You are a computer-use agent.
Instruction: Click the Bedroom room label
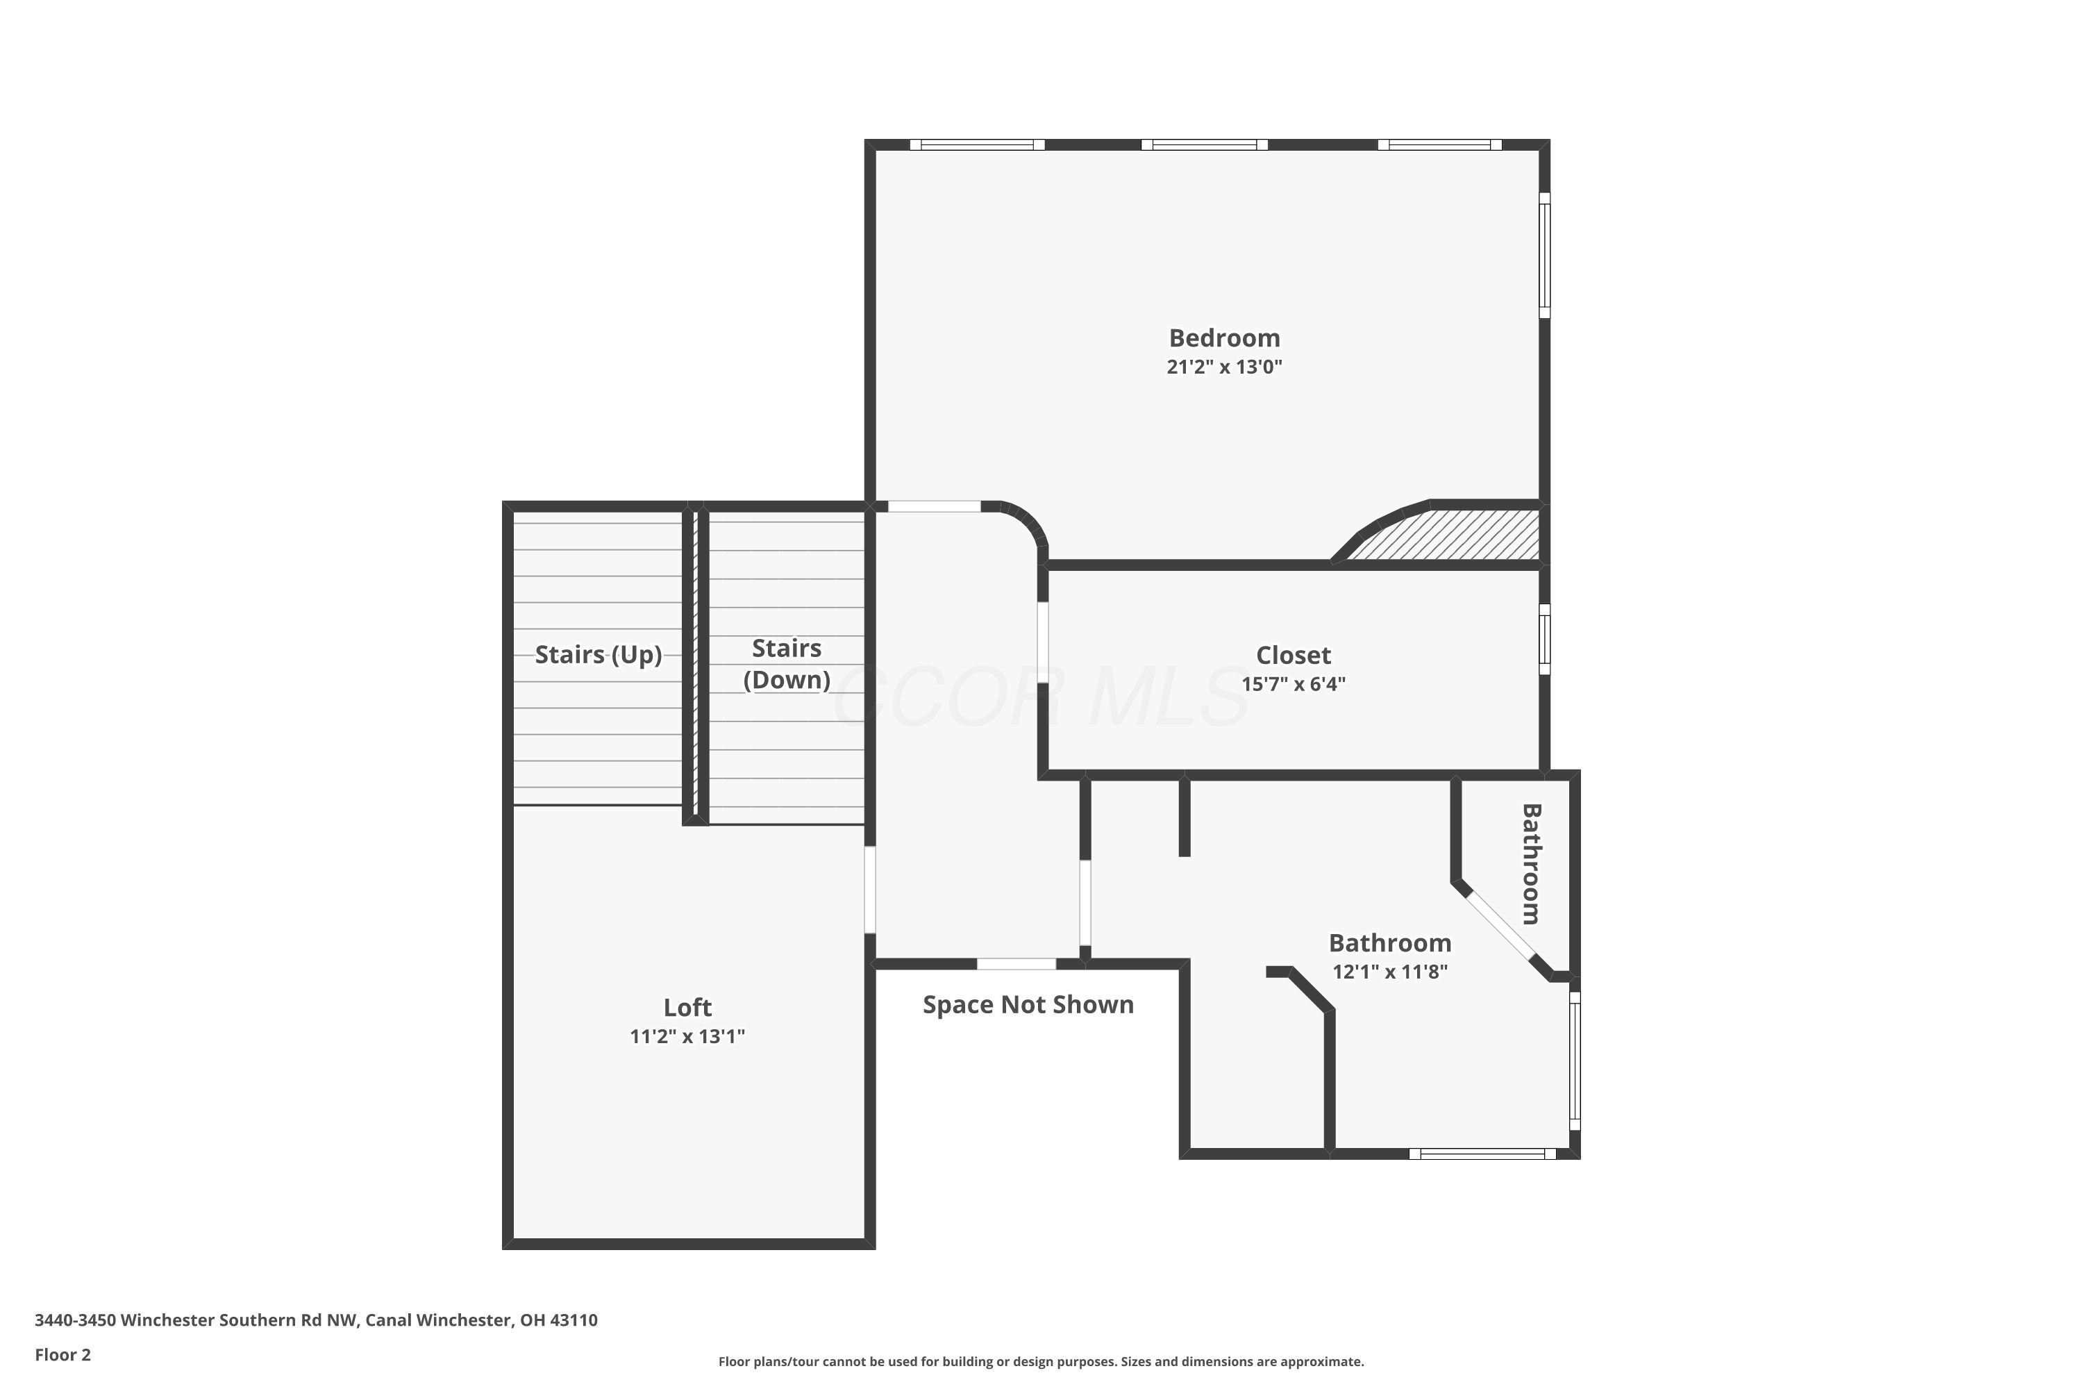click(1224, 338)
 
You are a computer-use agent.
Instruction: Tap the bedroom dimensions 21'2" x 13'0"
click(1224, 367)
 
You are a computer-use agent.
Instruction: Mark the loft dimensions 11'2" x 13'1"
click(687, 1036)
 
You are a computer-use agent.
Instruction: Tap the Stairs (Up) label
click(599, 655)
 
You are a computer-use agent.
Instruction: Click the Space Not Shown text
click(1028, 1004)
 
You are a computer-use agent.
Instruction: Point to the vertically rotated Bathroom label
click(1531, 864)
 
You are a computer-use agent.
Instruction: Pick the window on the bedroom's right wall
click(1544, 255)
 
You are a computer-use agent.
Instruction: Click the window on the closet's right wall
click(1544, 639)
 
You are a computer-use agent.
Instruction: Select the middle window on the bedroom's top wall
click(1205, 144)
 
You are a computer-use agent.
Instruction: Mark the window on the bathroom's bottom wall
click(1482, 1154)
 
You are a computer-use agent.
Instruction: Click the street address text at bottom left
click(316, 1320)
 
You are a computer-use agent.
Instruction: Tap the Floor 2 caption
click(63, 1354)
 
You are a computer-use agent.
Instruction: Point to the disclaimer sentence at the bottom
click(1041, 1361)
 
